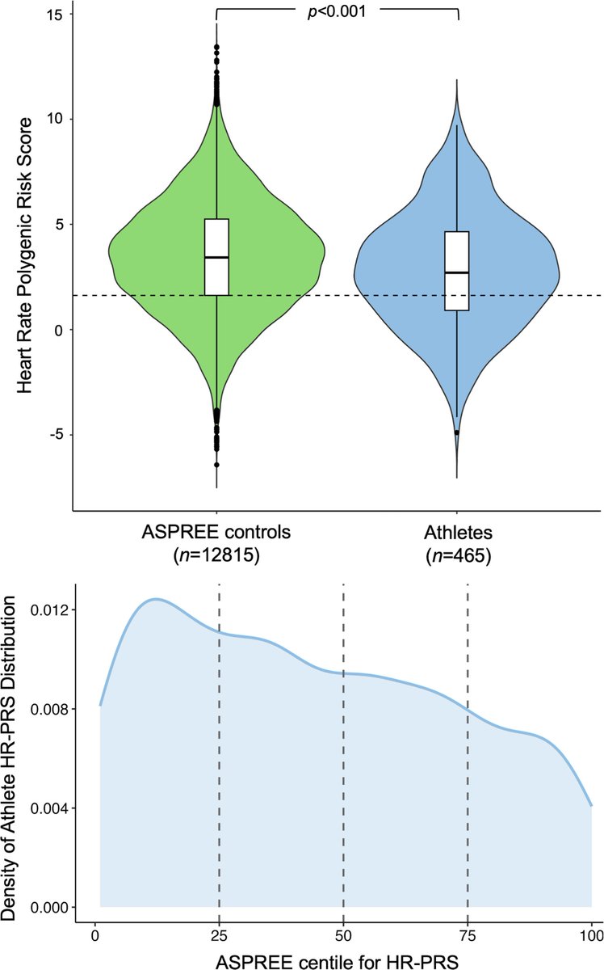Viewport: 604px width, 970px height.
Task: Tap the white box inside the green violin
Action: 216,257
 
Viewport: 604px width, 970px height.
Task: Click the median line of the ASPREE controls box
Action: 216,257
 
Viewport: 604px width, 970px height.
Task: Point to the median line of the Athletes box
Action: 457,272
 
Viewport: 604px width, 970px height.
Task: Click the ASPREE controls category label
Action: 216,535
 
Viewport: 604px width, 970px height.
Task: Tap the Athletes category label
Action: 457,535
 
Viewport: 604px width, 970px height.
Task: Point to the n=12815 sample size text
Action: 216,557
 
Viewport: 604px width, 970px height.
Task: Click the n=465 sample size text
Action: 457,557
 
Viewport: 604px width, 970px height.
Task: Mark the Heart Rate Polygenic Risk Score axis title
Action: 25,255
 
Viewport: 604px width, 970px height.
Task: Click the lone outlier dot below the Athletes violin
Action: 457,432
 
